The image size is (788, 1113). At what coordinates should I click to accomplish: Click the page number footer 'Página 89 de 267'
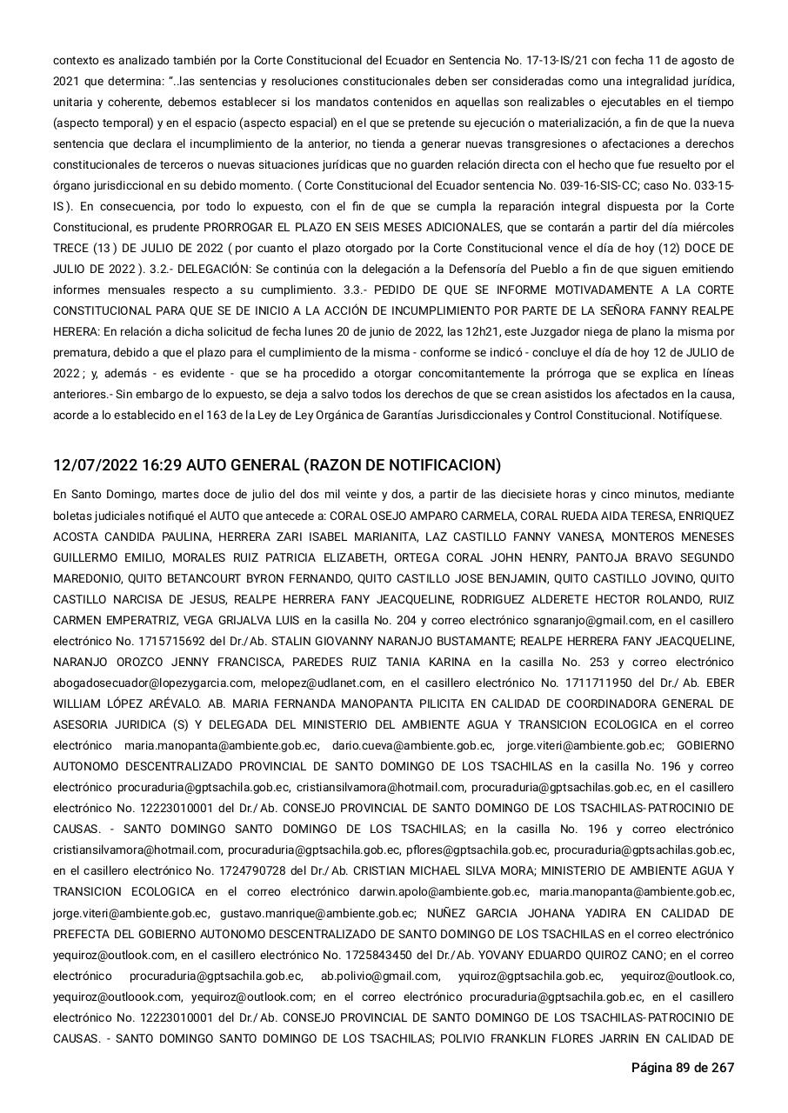point(683,1068)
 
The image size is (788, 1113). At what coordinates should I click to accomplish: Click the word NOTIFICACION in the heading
point(441,466)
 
